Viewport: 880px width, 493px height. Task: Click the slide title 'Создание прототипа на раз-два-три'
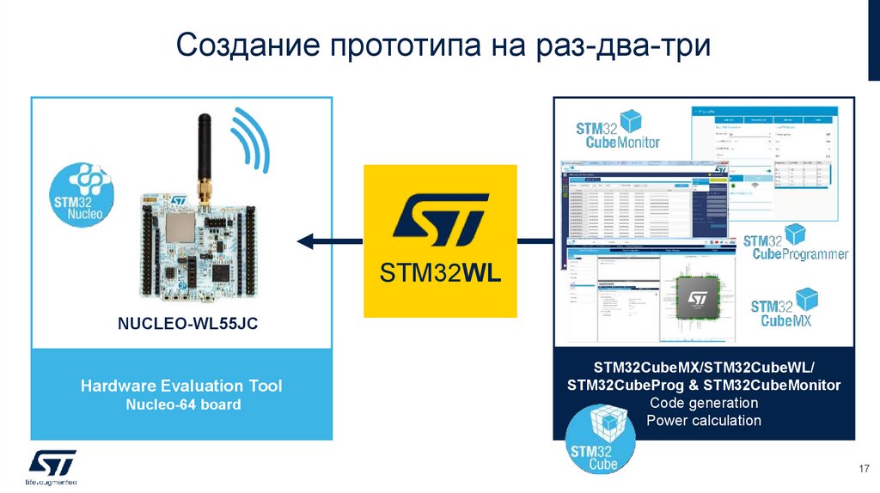443,45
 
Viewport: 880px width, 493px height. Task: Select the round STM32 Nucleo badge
81,197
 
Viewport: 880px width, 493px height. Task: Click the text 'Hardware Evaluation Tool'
181,386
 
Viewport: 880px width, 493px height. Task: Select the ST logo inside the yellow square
440,221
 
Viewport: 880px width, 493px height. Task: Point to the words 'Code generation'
704,403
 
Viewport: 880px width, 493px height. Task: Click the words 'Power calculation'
704,421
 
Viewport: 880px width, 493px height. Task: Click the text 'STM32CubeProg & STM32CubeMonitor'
704,385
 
